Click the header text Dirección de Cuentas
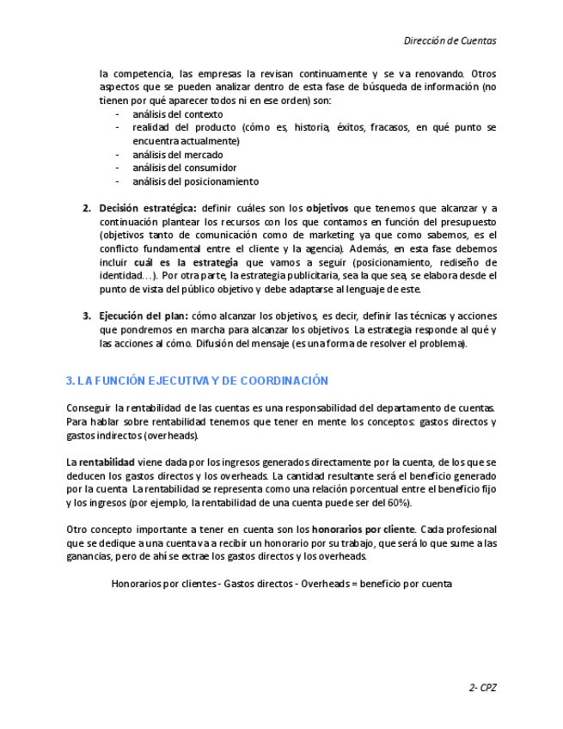pyautogui.click(x=450, y=40)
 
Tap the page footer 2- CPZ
pyautogui.click(x=482, y=688)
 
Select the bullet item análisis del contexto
pyautogui.click(x=178, y=114)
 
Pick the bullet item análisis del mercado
pyautogui.click(x=178, y=155)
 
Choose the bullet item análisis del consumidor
pyautogui.click(x=185, y=168)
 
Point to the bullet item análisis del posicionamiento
pyautogui.click(x=195, y=182)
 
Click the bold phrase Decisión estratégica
pyautogui.click(x=148, y=208)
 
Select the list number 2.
pyautogui.click(x=87, y=208)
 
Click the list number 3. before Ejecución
pyautogui.click(x=87, y=315)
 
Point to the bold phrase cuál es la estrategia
pyautogui.click(x=187, y=262)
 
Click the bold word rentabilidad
pyautogui.click(x=107, y=463)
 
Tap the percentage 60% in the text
pyautogui.click(x=398, y=503)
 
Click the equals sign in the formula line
pyautogui.click(x=351, y=584)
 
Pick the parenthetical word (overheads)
pyautogui.click(x=170, y=436)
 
